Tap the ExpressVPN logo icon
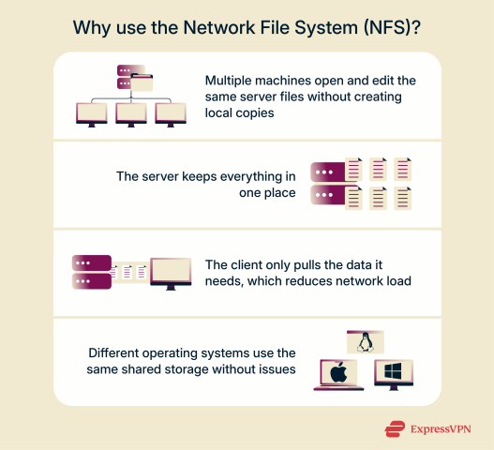click(x=395, y=429)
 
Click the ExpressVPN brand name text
click(x=441, y=429)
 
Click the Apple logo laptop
click(x=337, y=374)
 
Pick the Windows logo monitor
click(x=394, y=374)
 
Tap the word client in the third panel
click(x=250, y=264)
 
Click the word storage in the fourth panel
click(x=193, y=369)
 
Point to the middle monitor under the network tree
click(x=131, y=112)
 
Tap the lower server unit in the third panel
click(x=92, y=280)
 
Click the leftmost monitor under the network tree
click(x=92, y=112)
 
